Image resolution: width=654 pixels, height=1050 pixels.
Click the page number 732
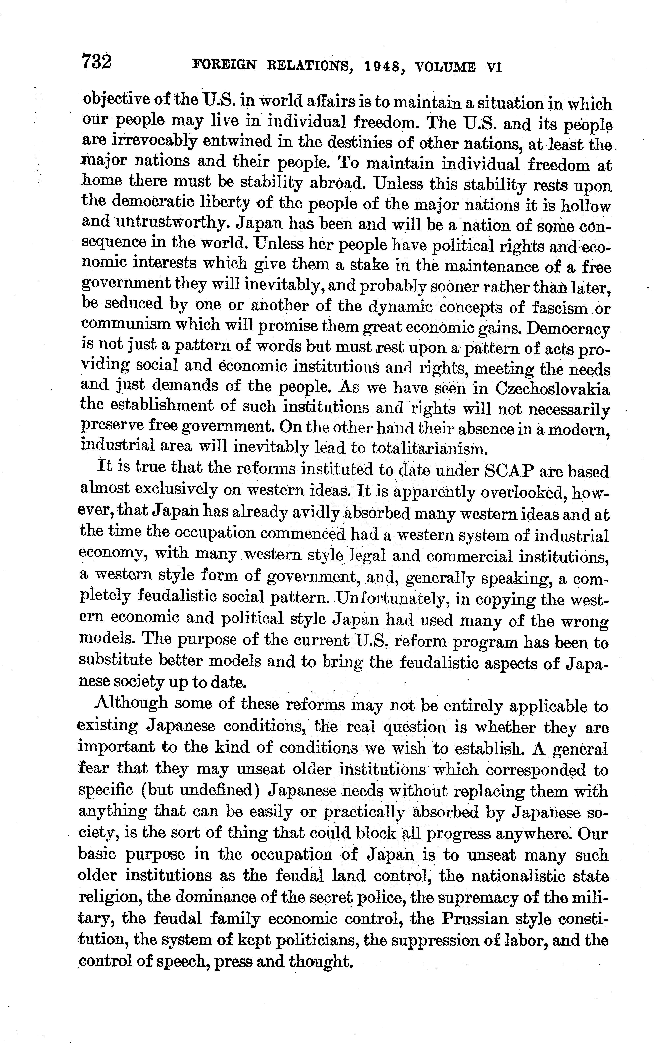pyautogui.click(x=97, y=62)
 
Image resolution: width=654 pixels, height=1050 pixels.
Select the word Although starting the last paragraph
pyautogui.click(x=131, y=703)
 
